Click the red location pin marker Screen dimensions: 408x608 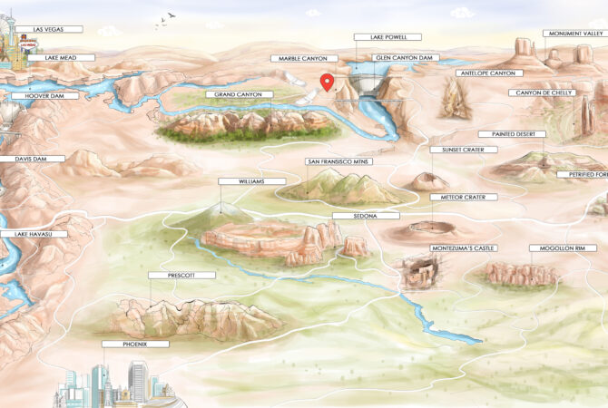tap(329, 82)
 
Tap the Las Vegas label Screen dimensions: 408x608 tap(51, 29)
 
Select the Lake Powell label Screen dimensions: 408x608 tap(388, 38)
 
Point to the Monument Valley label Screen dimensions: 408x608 tap(574, 34)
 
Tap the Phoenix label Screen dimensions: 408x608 tap(123, 345)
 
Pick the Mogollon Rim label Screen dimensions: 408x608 tap(558, 248)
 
